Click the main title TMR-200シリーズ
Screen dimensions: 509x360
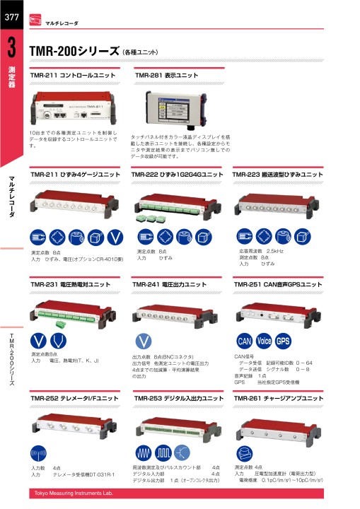[74, 52]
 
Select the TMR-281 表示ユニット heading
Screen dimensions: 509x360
[167, 75]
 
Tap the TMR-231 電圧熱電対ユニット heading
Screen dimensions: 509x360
[71, 284]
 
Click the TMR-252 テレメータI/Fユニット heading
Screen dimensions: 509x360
[74, 399]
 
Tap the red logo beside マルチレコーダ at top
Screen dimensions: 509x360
[35, 23]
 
